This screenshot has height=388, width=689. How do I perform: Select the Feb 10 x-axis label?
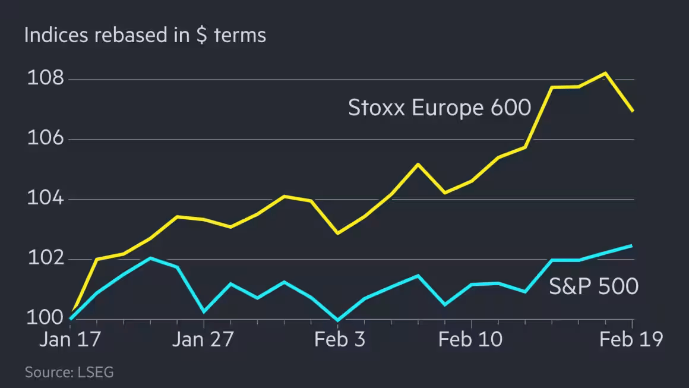[470, 340]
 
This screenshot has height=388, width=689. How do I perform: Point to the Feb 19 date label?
[630, 340]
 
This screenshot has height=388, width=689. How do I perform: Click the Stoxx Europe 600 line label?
[439, 108]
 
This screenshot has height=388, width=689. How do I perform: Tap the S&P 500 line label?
[593, 286]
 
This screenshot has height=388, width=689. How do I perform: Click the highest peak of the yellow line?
[605, 73]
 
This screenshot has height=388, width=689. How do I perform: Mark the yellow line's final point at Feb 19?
[633, 111]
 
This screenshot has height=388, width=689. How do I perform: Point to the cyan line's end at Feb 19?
[632, 245]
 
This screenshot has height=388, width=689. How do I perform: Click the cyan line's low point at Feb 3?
[338, 320]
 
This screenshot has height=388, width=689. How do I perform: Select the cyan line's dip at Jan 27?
[204, 311]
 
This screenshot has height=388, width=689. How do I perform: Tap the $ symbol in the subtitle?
[202, 35]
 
